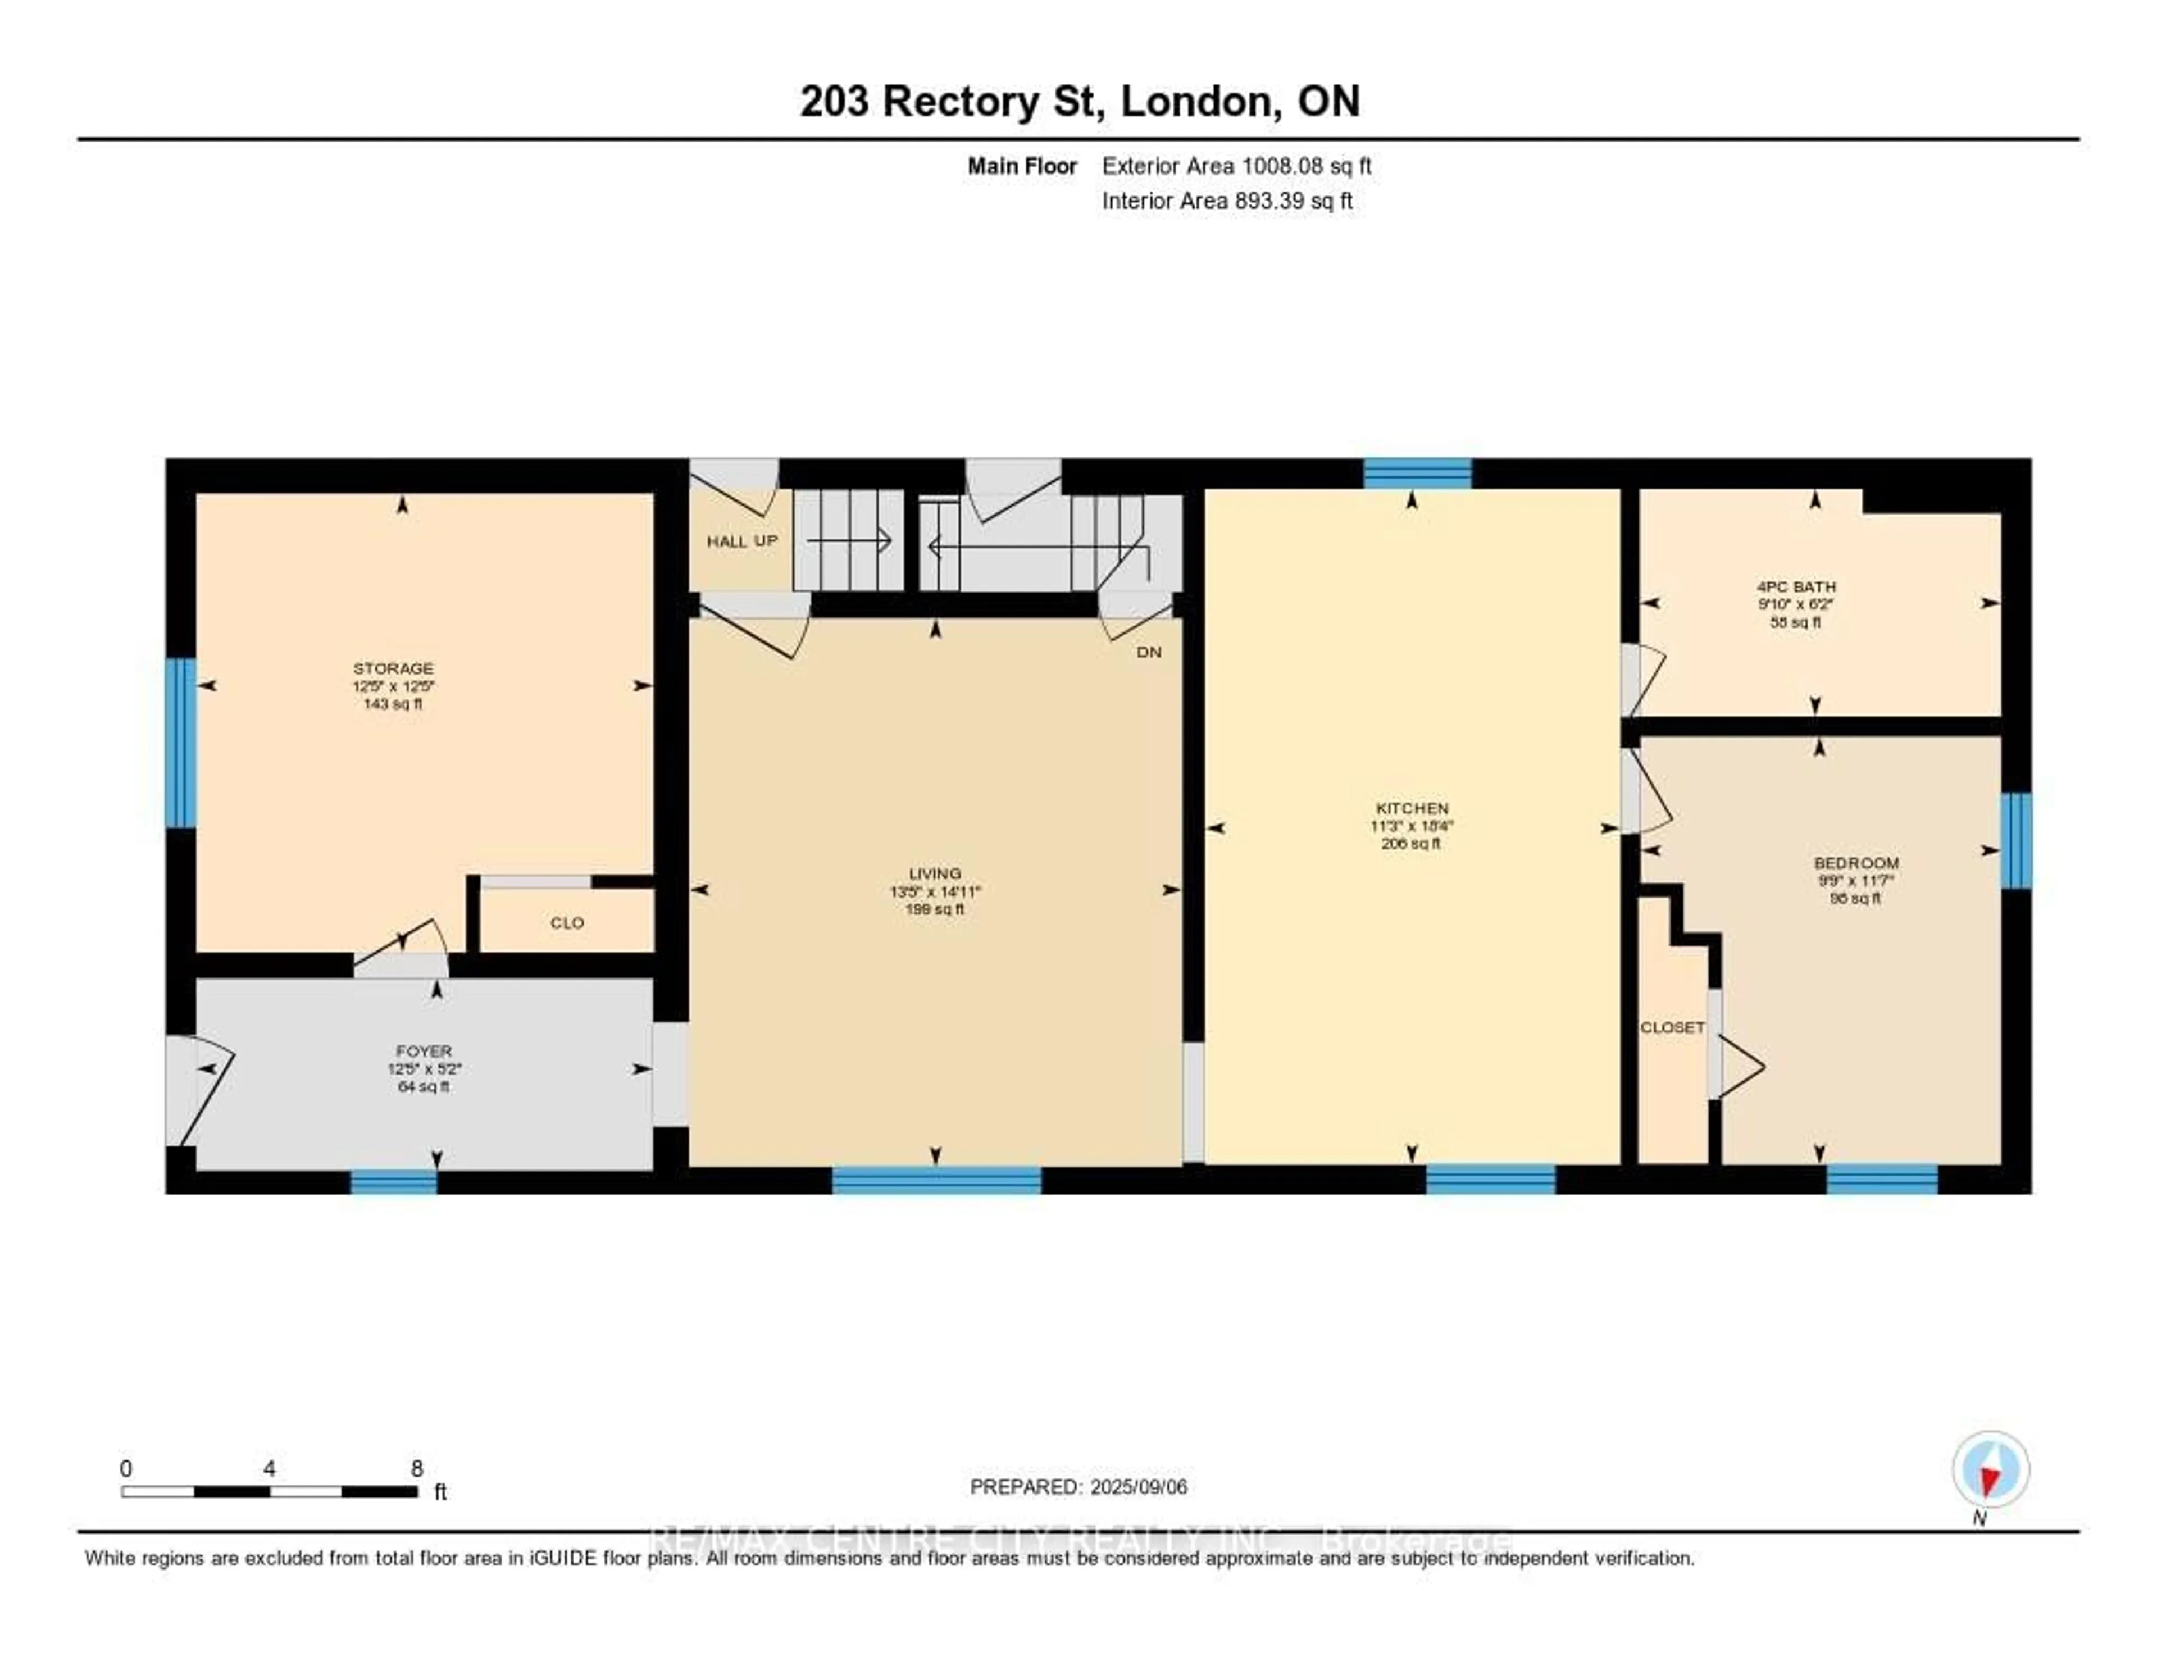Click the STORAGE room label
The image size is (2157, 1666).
point(393,668)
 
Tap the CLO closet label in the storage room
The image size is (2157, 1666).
point(567,922)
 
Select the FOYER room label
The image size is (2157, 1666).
point(424,1052)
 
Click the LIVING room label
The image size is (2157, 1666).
point(934,873)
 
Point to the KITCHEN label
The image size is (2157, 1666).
point(1412,808)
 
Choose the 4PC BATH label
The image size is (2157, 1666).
point(1795,586)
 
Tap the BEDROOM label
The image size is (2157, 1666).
point(1856,862)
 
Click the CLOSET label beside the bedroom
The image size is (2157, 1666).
point(1672,1027)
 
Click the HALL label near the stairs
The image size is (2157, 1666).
point(726,541)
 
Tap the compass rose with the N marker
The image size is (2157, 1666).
point(1990,1468)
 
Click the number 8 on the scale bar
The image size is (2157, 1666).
point(417,1468)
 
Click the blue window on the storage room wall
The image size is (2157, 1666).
point(181,743)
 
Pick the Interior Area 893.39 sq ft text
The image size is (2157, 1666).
point(1227,201)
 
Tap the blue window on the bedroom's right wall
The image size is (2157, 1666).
point(2016,840)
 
